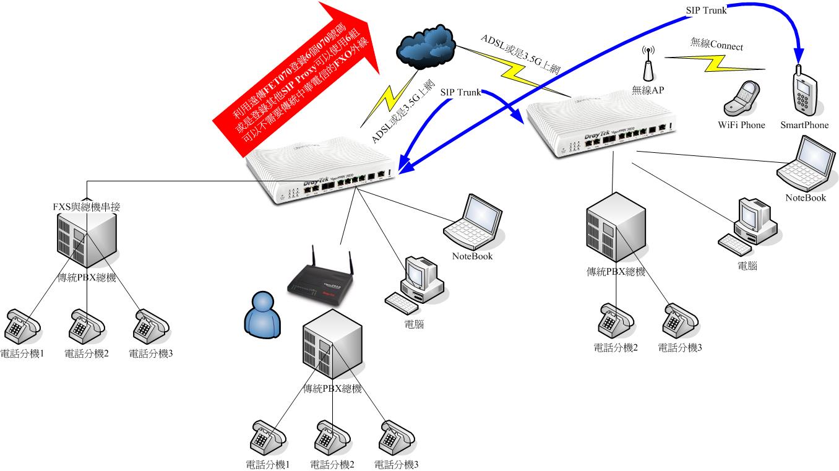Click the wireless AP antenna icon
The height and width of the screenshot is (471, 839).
(x=648, y=64)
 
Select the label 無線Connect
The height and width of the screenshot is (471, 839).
(x=716, y=46)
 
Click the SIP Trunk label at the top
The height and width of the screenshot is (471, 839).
(x=706, y=10)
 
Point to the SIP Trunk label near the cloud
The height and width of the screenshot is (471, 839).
(x=460, y=92)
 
